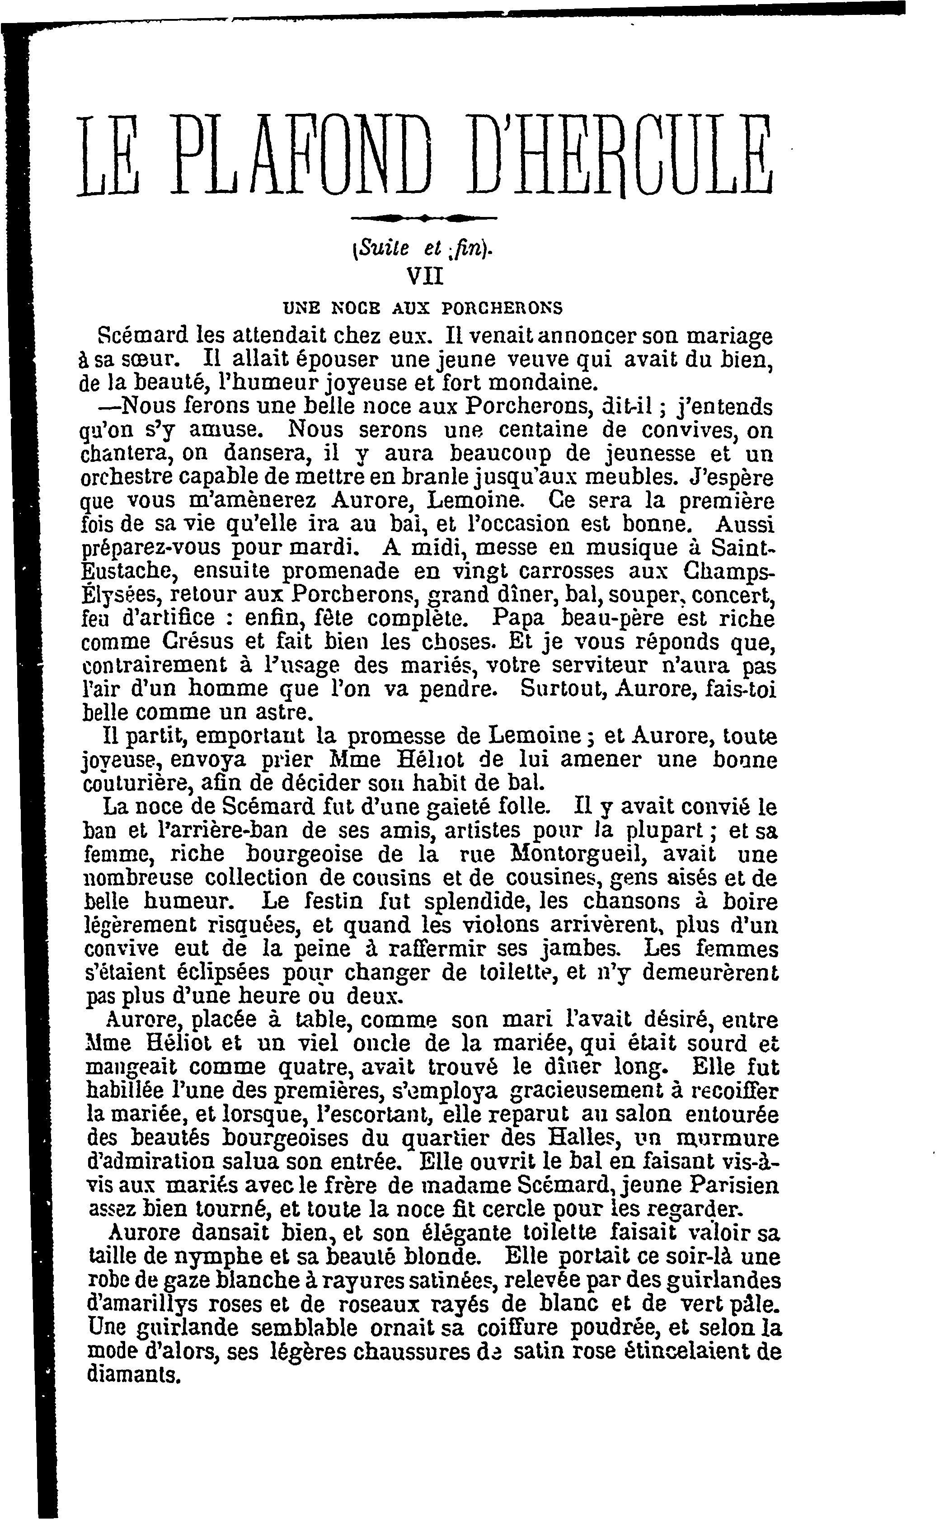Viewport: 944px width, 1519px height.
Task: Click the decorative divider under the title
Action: pos(424,218)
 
